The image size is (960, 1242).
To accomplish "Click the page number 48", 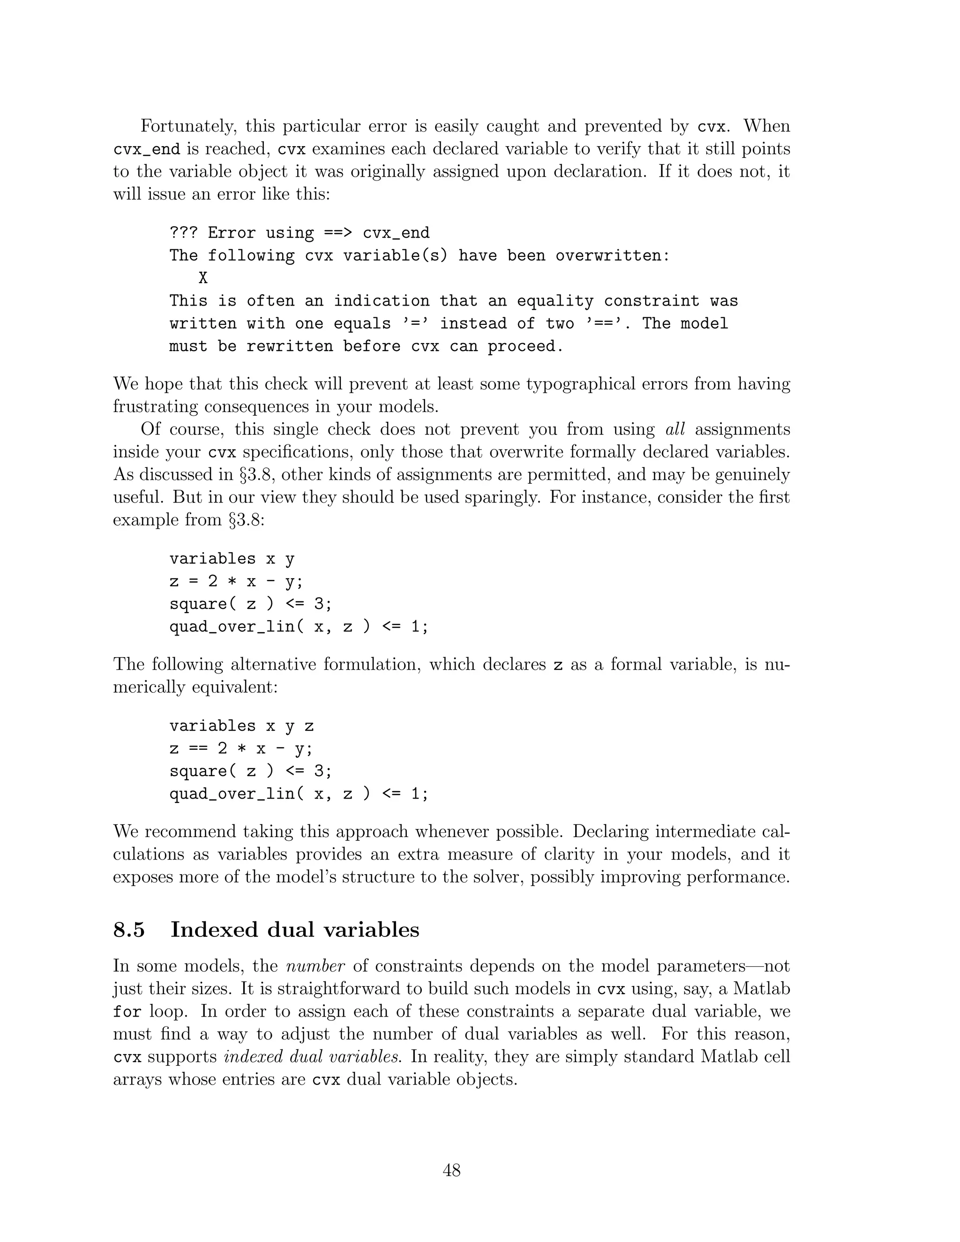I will click(451, 1170).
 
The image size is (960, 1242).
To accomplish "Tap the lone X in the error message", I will click(203, 278).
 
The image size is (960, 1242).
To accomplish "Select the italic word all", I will click(675, 429).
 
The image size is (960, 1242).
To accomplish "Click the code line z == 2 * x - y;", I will click(241, 749).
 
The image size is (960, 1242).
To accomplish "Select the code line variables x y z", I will click(242, 726).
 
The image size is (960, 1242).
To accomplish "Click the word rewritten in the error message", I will click(290, 346).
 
